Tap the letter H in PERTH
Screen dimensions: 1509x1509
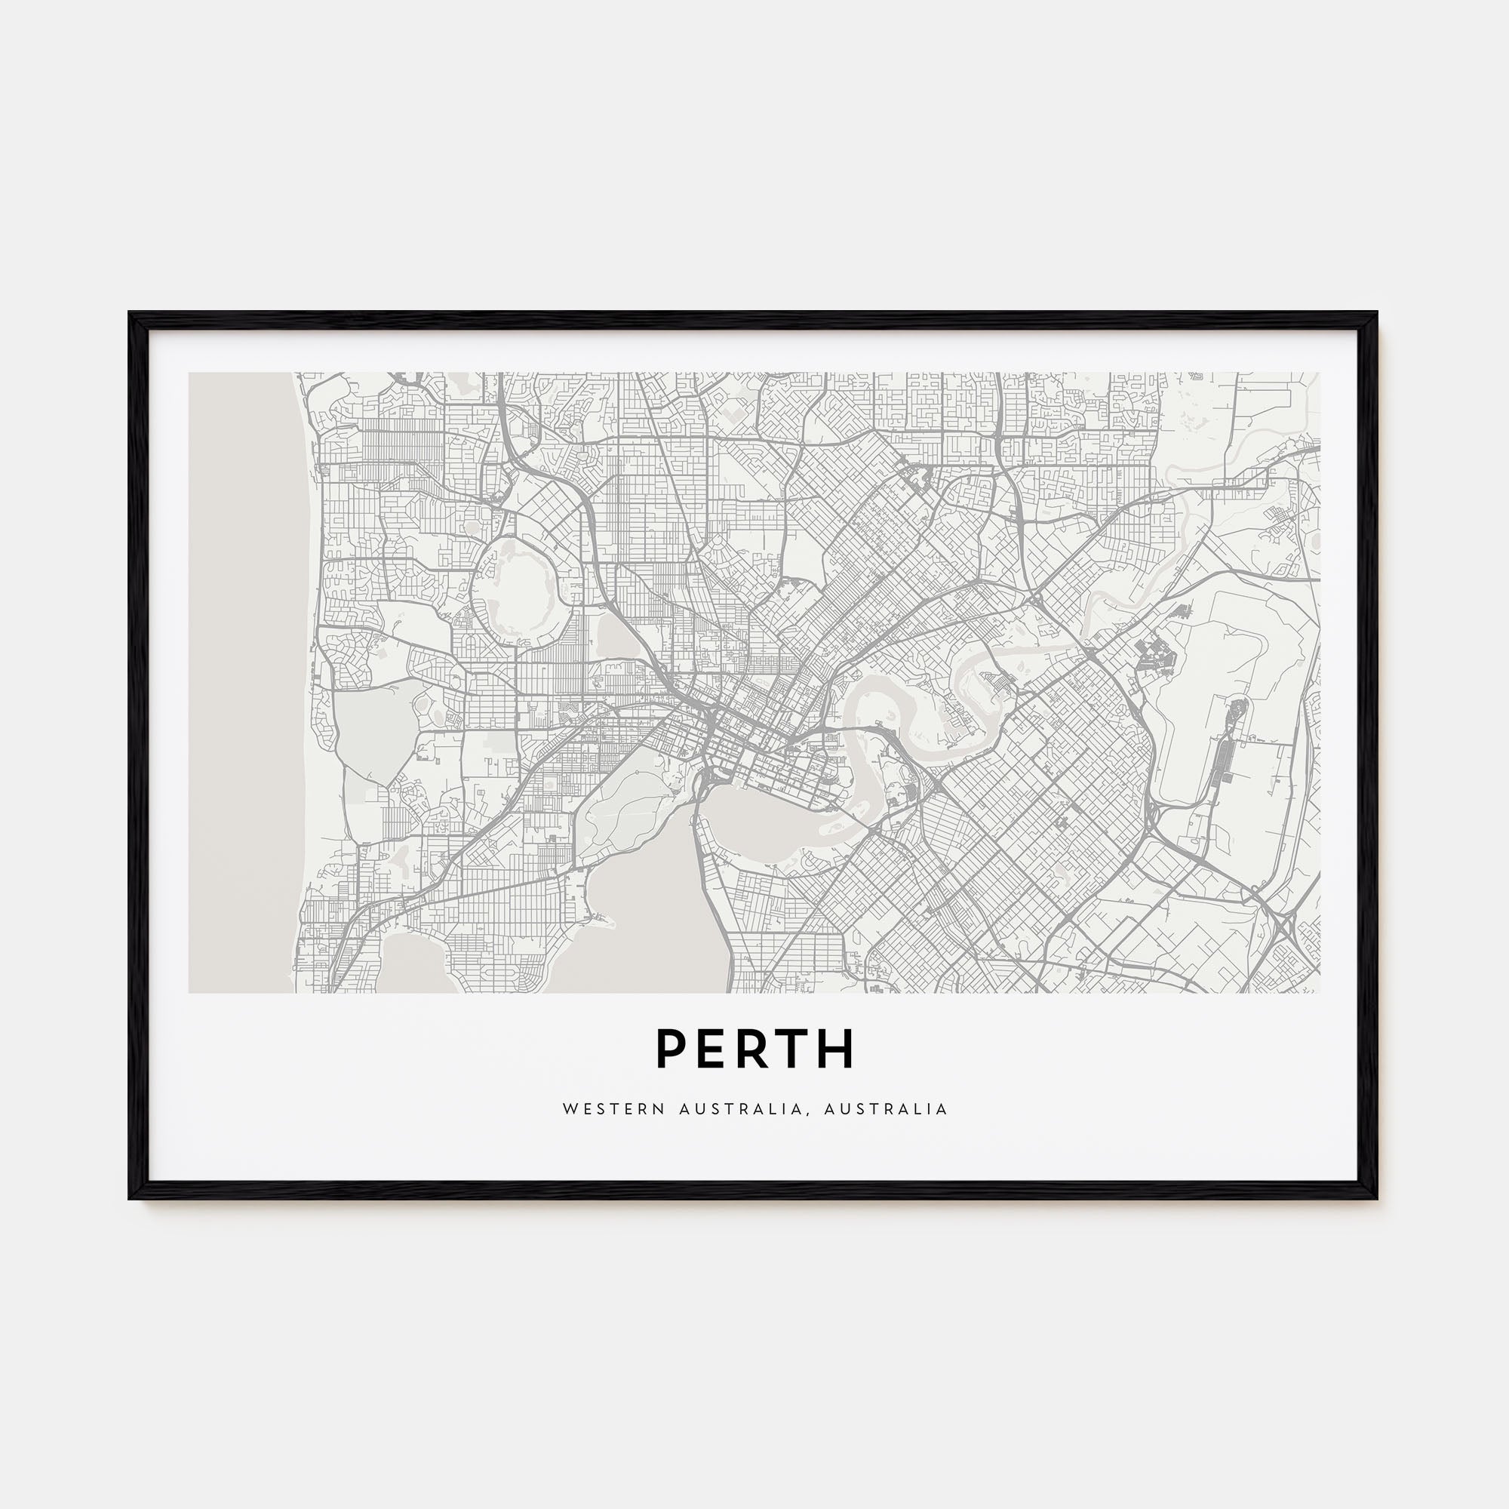pos(837,1049)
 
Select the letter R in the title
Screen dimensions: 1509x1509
pos(754,1049)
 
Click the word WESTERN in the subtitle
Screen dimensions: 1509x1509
pos(612,1109)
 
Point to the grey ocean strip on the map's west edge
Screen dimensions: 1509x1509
pos(242,680)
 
